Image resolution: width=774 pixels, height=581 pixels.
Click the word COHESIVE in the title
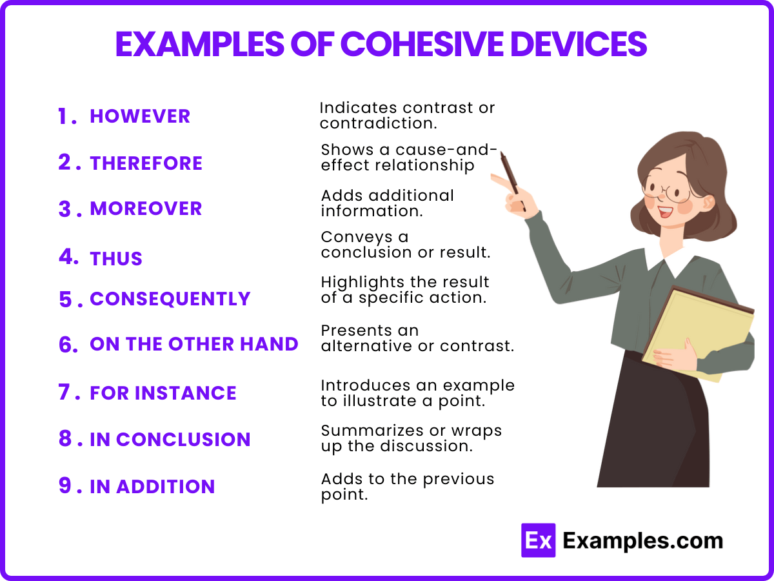click(422, 44)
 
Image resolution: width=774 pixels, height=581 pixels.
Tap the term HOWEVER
click(140, 116)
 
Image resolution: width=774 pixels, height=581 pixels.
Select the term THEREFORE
click(146, 163)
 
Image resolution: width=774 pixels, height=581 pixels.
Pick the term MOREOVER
click(146, 209)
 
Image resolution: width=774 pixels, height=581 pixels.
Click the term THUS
click(116, 259)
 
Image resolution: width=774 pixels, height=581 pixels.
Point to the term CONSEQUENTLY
click(170, 299)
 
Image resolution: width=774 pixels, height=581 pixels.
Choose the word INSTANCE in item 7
click(186, 393)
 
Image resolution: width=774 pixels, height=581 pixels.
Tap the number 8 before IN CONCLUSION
click(65, 438)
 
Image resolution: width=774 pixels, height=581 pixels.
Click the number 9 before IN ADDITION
click(65, 485)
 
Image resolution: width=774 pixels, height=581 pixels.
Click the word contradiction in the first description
click(379, 123)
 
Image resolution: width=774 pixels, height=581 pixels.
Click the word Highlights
click(363, 283)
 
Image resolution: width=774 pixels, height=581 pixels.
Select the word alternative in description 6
click(366, 346)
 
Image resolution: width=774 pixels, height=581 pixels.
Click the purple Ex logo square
click(538, 540)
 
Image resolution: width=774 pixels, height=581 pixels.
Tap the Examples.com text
click(643, 541)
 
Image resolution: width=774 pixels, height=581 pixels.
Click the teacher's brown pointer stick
click(513, 181)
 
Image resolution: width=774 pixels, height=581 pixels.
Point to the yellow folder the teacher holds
click(698, 334)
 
